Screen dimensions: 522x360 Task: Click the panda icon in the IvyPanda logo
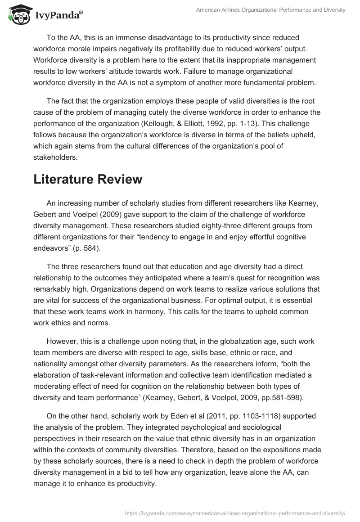17,15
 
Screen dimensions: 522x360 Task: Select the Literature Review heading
88,179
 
